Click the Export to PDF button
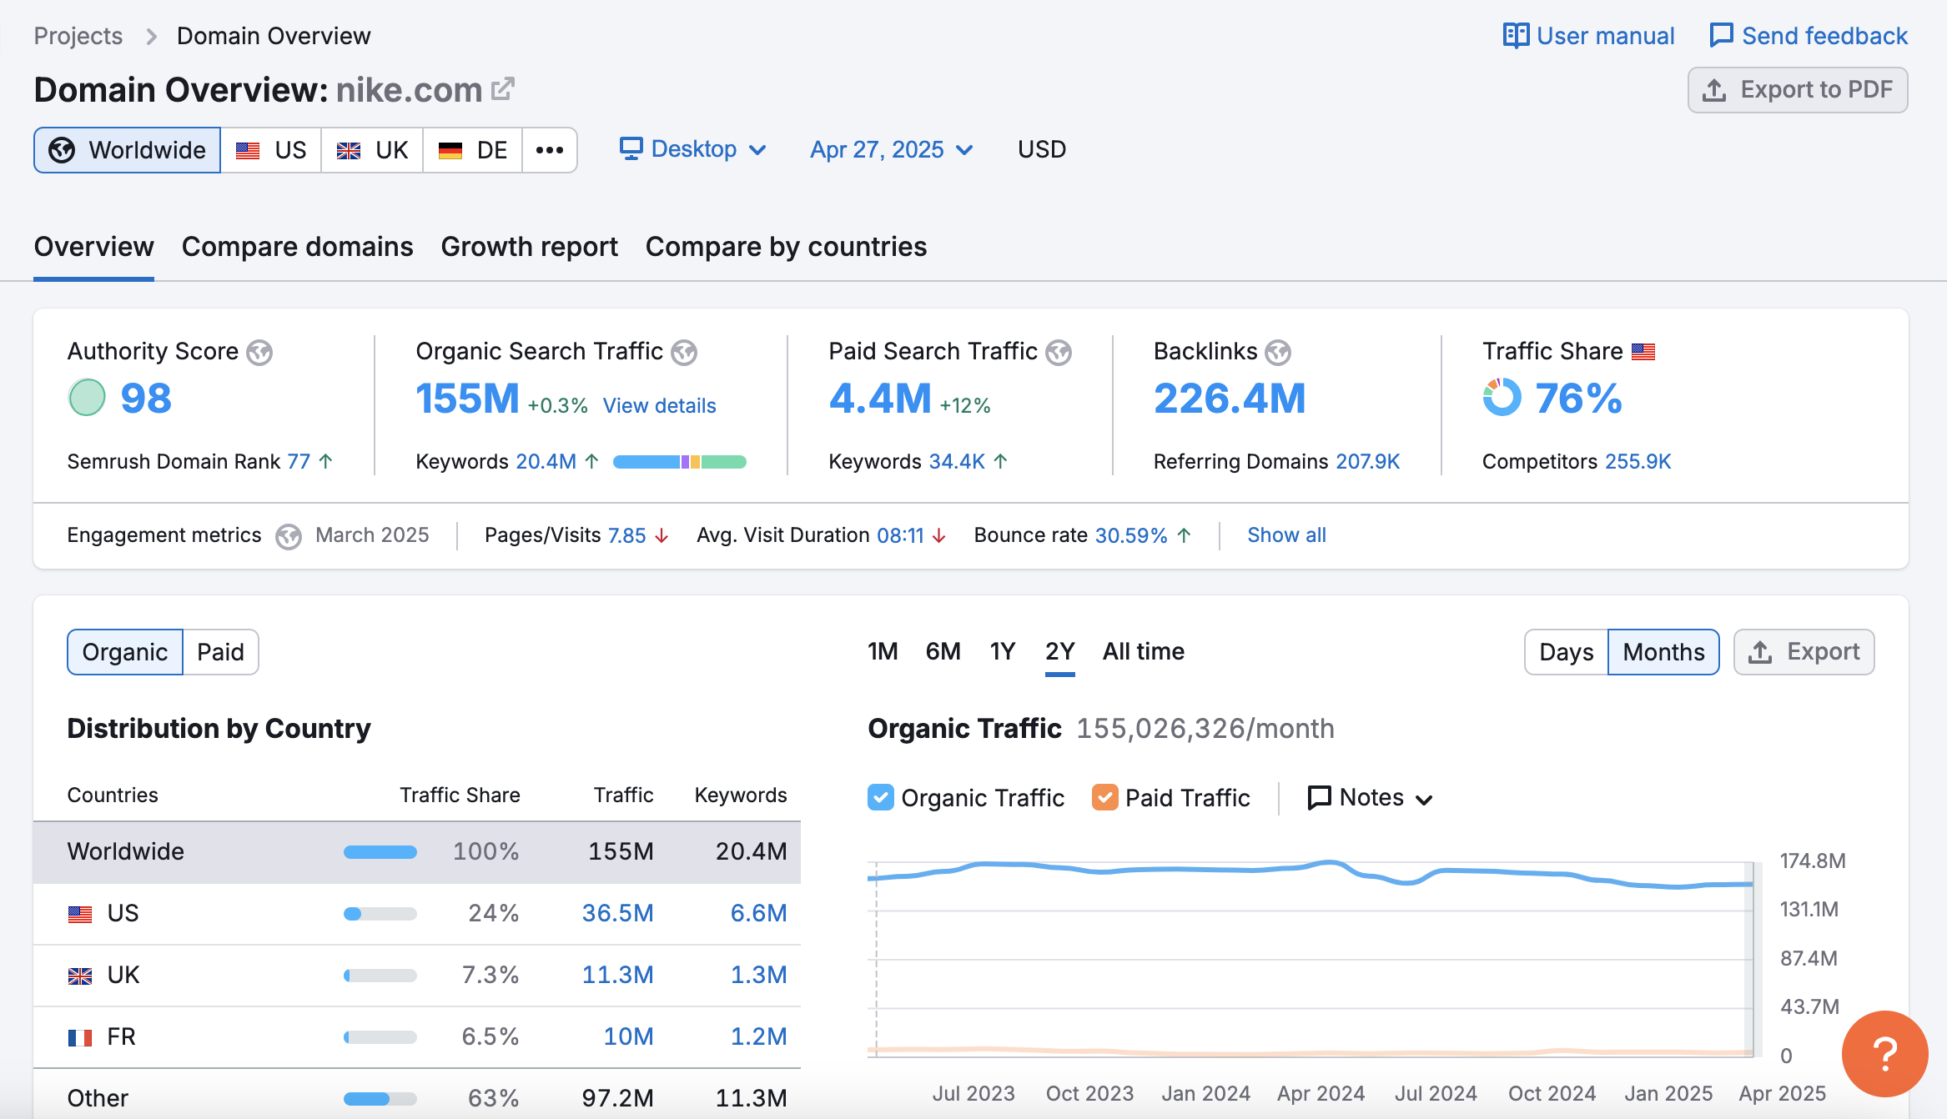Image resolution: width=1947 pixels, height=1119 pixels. (x=1797, y=90)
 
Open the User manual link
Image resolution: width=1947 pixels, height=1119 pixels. (x=1588, y=36)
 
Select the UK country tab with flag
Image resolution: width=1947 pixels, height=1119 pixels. (x=372, y=150)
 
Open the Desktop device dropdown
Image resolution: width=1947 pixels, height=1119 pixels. (x=692, y=149)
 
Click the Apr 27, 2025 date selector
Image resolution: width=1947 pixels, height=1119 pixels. (x=891, y=149)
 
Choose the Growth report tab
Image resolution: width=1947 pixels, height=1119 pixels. (x=529, y=247)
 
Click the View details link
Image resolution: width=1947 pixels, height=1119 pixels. (x=659, y=405)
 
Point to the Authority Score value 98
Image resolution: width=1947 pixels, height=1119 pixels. (x=146, y=399)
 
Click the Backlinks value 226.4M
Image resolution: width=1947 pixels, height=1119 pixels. (x=1229, y=399)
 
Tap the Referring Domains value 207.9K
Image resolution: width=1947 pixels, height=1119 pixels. (x=1367, y=461)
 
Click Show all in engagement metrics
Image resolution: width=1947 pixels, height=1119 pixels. (x=1286, y=535)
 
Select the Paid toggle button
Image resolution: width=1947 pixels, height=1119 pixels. (x=220, y=652)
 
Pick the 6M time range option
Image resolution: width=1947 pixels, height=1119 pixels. (x=943, y=651)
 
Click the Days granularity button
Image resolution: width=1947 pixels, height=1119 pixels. (x=1566, y=652)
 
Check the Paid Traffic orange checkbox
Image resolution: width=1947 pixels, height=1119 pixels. (x=1104, y=798)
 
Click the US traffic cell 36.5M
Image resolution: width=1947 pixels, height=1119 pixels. (x=617, y=913)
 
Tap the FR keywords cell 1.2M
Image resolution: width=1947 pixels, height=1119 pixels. (x=758, y=1036)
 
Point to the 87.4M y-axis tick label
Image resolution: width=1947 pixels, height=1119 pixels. (x=1808, y=958)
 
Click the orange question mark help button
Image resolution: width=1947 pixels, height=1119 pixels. (x=1884, y=1053)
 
